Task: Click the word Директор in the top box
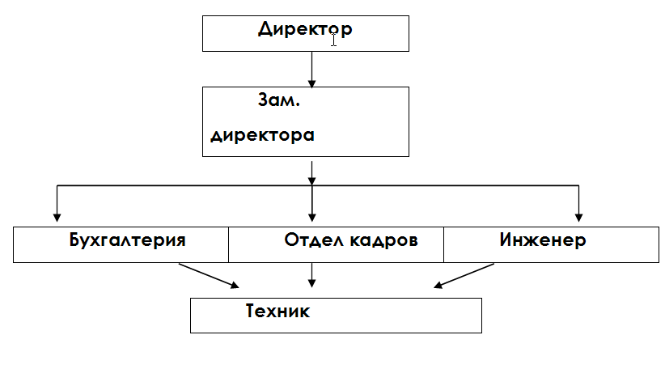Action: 305,31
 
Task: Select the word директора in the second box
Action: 262,135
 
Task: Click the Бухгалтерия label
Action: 127,240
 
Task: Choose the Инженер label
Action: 543,240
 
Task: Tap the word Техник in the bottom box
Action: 277,311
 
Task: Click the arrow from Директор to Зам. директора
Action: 311,69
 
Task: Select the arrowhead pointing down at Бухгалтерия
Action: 57,216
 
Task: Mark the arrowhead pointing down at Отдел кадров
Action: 311,216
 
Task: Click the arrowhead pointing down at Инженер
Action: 578,216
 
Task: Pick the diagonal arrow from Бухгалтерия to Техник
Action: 209,275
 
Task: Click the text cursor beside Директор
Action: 333,40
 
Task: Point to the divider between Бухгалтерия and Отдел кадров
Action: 228,244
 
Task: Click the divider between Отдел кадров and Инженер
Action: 443,244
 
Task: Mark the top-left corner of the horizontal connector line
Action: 57,187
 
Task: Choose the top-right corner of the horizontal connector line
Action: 578,187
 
